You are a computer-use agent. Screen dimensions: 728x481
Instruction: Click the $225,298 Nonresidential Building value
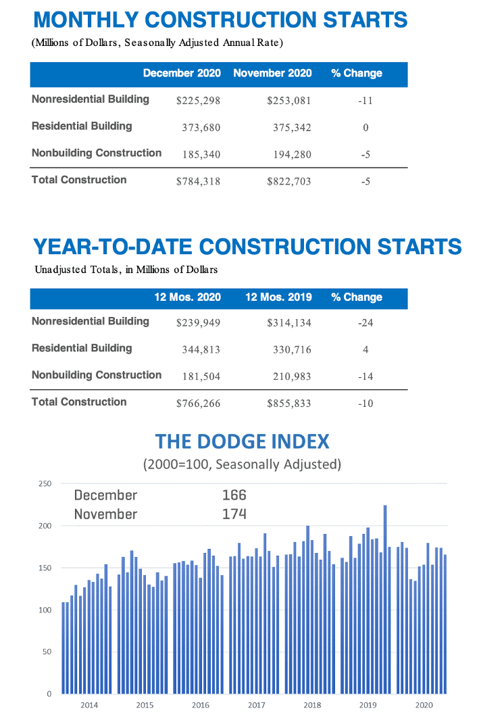pos(198,101)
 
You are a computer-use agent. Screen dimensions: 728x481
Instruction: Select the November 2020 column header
pos(272,73)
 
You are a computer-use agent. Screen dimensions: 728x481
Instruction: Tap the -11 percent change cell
pos(365,101)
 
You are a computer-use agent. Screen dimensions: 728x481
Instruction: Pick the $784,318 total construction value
pos(198,181)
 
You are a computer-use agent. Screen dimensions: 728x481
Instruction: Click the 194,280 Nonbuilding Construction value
pos(289,154)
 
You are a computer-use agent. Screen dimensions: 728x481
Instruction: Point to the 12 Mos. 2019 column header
pos(278,297)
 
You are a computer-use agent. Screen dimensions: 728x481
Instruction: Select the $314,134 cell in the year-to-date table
pos(289,323)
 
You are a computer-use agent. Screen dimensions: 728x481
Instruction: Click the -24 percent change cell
pos(365,323)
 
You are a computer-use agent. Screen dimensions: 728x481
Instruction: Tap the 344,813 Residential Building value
pos(201,349)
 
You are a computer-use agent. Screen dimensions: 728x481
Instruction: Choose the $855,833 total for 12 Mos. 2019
pos(289,404)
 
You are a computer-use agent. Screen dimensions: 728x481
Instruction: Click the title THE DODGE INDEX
pos(242,441)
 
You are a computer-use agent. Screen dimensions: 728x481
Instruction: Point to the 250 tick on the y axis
pos(45,484)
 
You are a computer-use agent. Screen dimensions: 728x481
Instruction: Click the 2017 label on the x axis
pos(256,705)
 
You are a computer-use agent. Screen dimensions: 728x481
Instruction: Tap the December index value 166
pos(234,495)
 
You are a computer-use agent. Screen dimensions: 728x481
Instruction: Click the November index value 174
pos(234,514)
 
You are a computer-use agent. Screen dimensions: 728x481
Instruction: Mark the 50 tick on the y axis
pos(47,652)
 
